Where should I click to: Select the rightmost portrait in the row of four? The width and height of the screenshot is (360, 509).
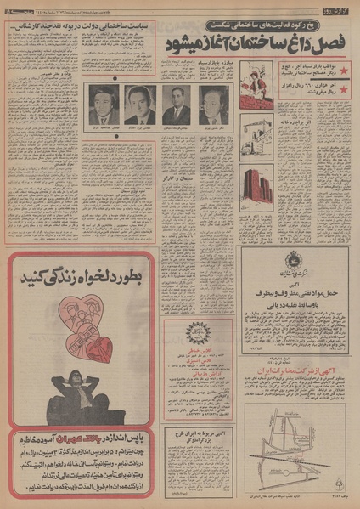point(212,105)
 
